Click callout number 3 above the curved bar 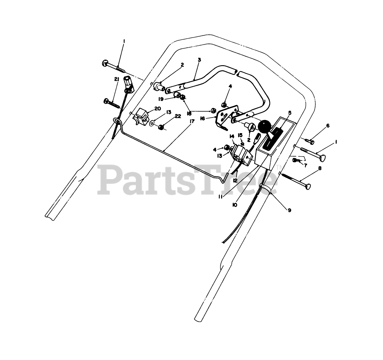point(199,60)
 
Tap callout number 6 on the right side point(328,126)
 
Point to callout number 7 point(305,166)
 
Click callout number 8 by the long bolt point(320,169)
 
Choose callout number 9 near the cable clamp point(290,211)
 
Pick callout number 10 point(235,205)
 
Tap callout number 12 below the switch point(235,181)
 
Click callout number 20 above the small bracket point(158,108)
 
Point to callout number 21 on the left point(117,79)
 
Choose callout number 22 point(178,116)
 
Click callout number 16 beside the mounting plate point(202,119)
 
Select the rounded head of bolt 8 point(309,187)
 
